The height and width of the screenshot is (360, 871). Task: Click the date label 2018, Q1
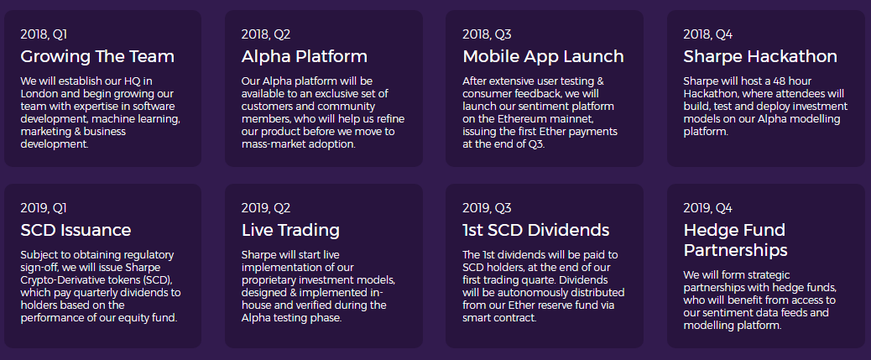coord(44,34)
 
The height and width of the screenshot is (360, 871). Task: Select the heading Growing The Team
coord(97,56)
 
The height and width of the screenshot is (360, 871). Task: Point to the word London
coord(39,94)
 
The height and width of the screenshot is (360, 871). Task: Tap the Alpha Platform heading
coord(305,56)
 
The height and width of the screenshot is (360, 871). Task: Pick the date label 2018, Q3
coord(487,34)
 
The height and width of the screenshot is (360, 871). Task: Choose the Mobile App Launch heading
coord(543,56)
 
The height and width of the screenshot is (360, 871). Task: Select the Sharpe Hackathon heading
coord(760,56)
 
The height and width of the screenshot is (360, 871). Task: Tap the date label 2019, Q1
coord(44,208)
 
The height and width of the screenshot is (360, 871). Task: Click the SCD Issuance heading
coord(76,230)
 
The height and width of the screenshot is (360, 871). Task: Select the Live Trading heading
coord(290,230)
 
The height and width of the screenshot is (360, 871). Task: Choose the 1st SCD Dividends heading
coord(536,230)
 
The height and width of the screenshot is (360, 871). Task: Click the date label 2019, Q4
coord(707,208)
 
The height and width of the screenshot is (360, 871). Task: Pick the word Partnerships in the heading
coord(735,251)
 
